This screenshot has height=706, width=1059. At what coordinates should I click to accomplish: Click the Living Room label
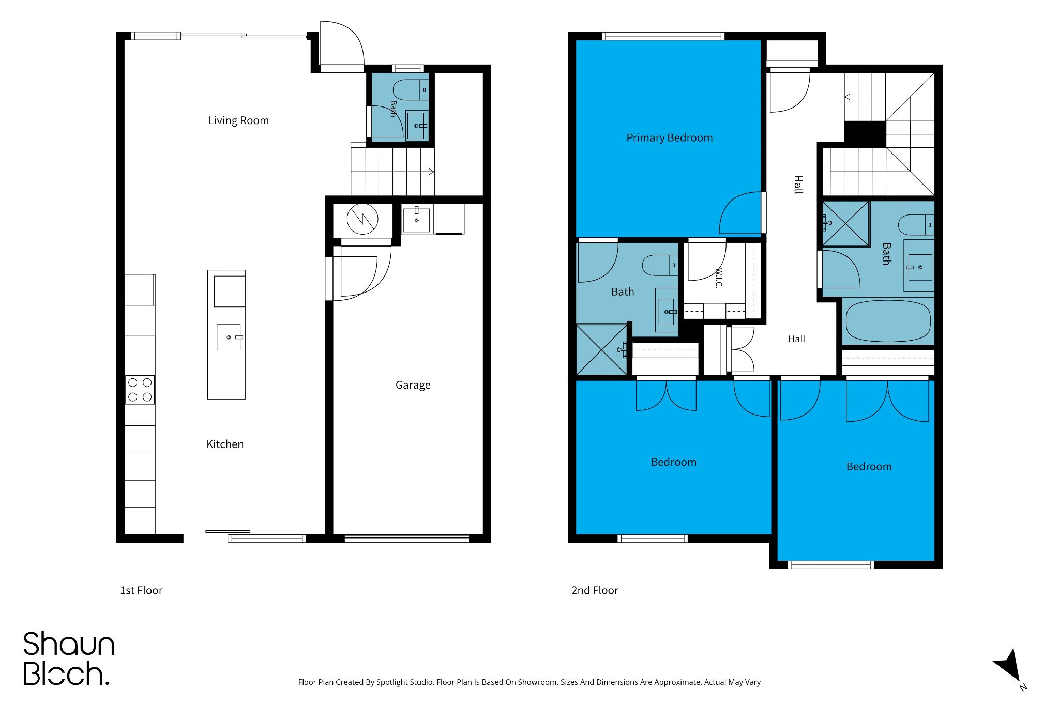[238, 120]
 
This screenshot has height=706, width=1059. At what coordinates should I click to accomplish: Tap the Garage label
[413, 385]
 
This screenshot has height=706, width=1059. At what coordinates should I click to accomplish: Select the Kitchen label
[225, 444]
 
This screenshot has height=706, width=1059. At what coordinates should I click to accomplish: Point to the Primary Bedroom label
[669, 137]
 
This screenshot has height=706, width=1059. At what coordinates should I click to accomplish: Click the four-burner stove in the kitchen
[140, 390]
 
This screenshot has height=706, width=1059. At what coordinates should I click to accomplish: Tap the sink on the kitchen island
[229, 337]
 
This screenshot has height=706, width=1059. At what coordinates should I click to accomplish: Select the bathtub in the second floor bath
[888, 321]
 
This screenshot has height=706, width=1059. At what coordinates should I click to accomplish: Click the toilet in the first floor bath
[411, 90]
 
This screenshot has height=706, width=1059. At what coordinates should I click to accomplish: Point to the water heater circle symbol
[362, 219]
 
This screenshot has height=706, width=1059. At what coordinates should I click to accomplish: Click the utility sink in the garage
[416, 219]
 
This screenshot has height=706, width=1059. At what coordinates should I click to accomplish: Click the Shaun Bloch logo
[68, 658]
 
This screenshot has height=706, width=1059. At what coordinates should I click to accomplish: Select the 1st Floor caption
[141, 590]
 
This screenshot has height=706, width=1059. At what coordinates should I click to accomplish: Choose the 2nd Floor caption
[595, 590]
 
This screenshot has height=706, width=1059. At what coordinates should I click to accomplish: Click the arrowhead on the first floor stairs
[431, 172]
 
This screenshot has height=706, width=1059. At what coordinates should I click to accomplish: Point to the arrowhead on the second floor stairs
[848, 97]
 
